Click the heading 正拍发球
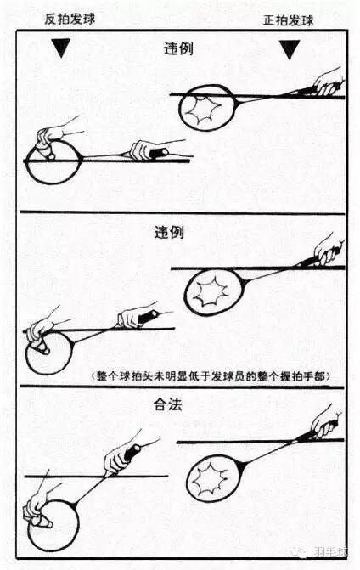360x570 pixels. [289, 20]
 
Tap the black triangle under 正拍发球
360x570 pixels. [290, 50]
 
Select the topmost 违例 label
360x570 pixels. [178, 48]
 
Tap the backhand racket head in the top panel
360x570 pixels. [54, 161]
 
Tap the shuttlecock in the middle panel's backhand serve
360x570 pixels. [42, 345]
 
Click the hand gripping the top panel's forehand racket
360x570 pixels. [327, 83]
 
